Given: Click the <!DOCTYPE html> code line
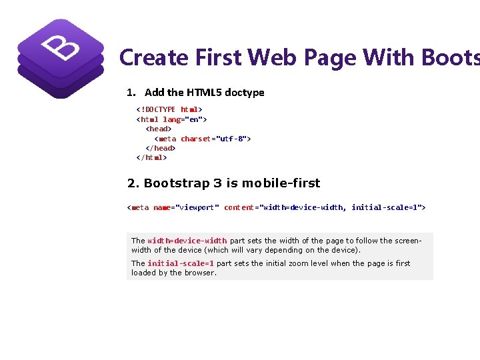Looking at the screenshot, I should pyautogui.click(x=169, y=109).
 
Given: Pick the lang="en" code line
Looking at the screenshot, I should pyautogui.click(x=171, y=119).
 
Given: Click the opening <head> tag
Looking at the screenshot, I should pyautogui.click(x=159, y=129).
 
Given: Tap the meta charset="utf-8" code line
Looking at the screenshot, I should pyautogui.click(x=202, y=139).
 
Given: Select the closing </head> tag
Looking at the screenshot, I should pyautogui.click(x=161, y=148).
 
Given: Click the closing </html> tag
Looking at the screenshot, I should pyautogui.click(x=151, y=158).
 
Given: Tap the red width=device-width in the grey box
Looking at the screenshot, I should pyautogui.click(x=187, y=241).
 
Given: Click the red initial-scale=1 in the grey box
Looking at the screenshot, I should pyautogui.click(x=181, y=263).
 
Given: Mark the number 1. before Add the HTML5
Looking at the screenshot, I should pyautogui.click(x=131, y=93).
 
